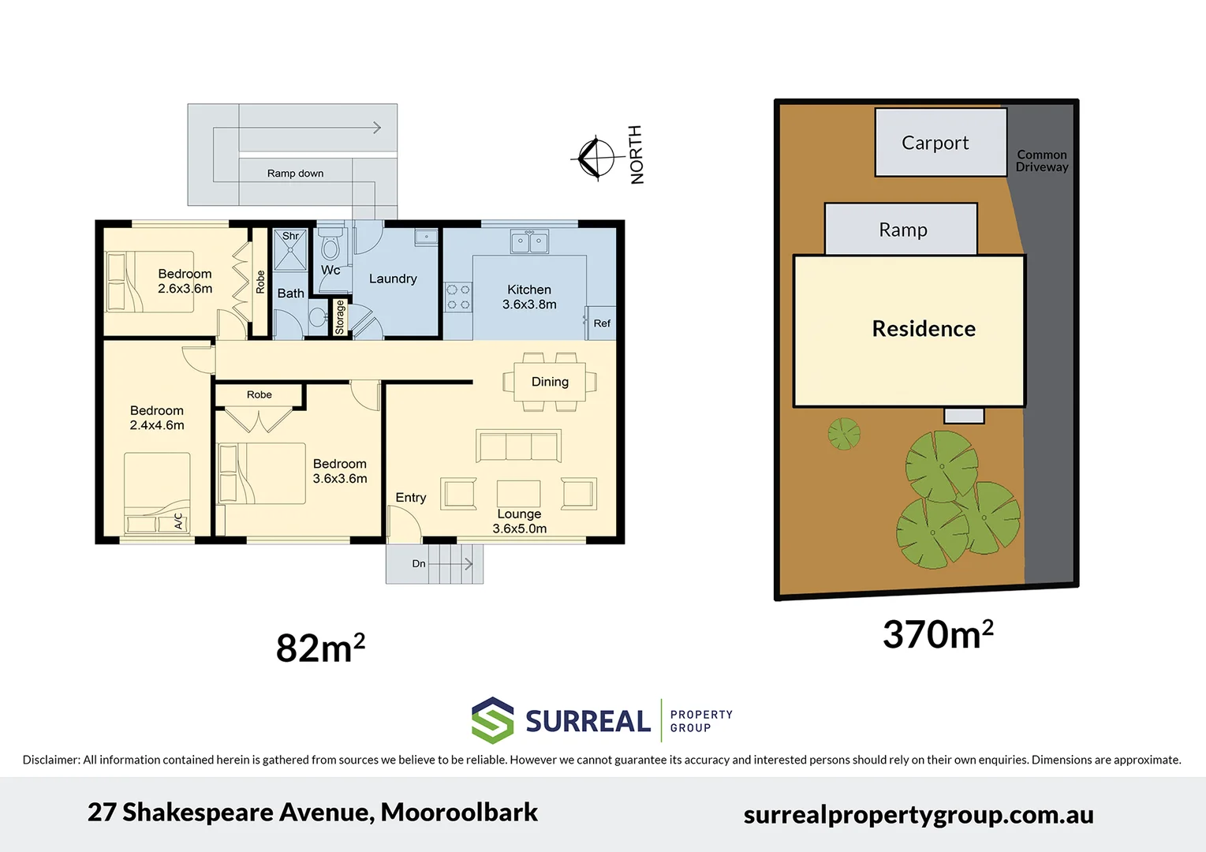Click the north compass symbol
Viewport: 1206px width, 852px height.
[x=596, y=158]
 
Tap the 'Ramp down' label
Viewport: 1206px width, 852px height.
[x=295, y=174]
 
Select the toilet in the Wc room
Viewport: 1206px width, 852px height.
[x=330, y=247]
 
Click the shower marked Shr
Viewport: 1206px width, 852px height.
[x=290, y=251]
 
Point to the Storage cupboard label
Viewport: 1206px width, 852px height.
[x=340, y=317]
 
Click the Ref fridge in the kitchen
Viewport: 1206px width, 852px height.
[x=601, y=323]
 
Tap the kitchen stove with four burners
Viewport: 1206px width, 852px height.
[x=458, y=297]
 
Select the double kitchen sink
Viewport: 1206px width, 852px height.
[x=529, y=241]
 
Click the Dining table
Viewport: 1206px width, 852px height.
[x=550, y=382]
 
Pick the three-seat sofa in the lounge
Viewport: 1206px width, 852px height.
[x=518, y=446]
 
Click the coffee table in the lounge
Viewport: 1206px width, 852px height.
[x=518, y=493]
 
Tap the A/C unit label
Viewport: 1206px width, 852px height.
[x=178, y=521]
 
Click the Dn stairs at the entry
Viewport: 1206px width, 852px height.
[x=435, y=564]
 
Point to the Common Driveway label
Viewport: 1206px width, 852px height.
[x=1041, y=161]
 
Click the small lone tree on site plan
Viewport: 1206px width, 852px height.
[x=844, y=433]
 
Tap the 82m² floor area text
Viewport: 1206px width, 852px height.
[x=320, y=648]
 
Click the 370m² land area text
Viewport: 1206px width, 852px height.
[x=937, y=634]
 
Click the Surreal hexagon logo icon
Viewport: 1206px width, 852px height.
[x=493, y=720]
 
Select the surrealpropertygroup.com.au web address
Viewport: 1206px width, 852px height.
[x=918, y=815]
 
